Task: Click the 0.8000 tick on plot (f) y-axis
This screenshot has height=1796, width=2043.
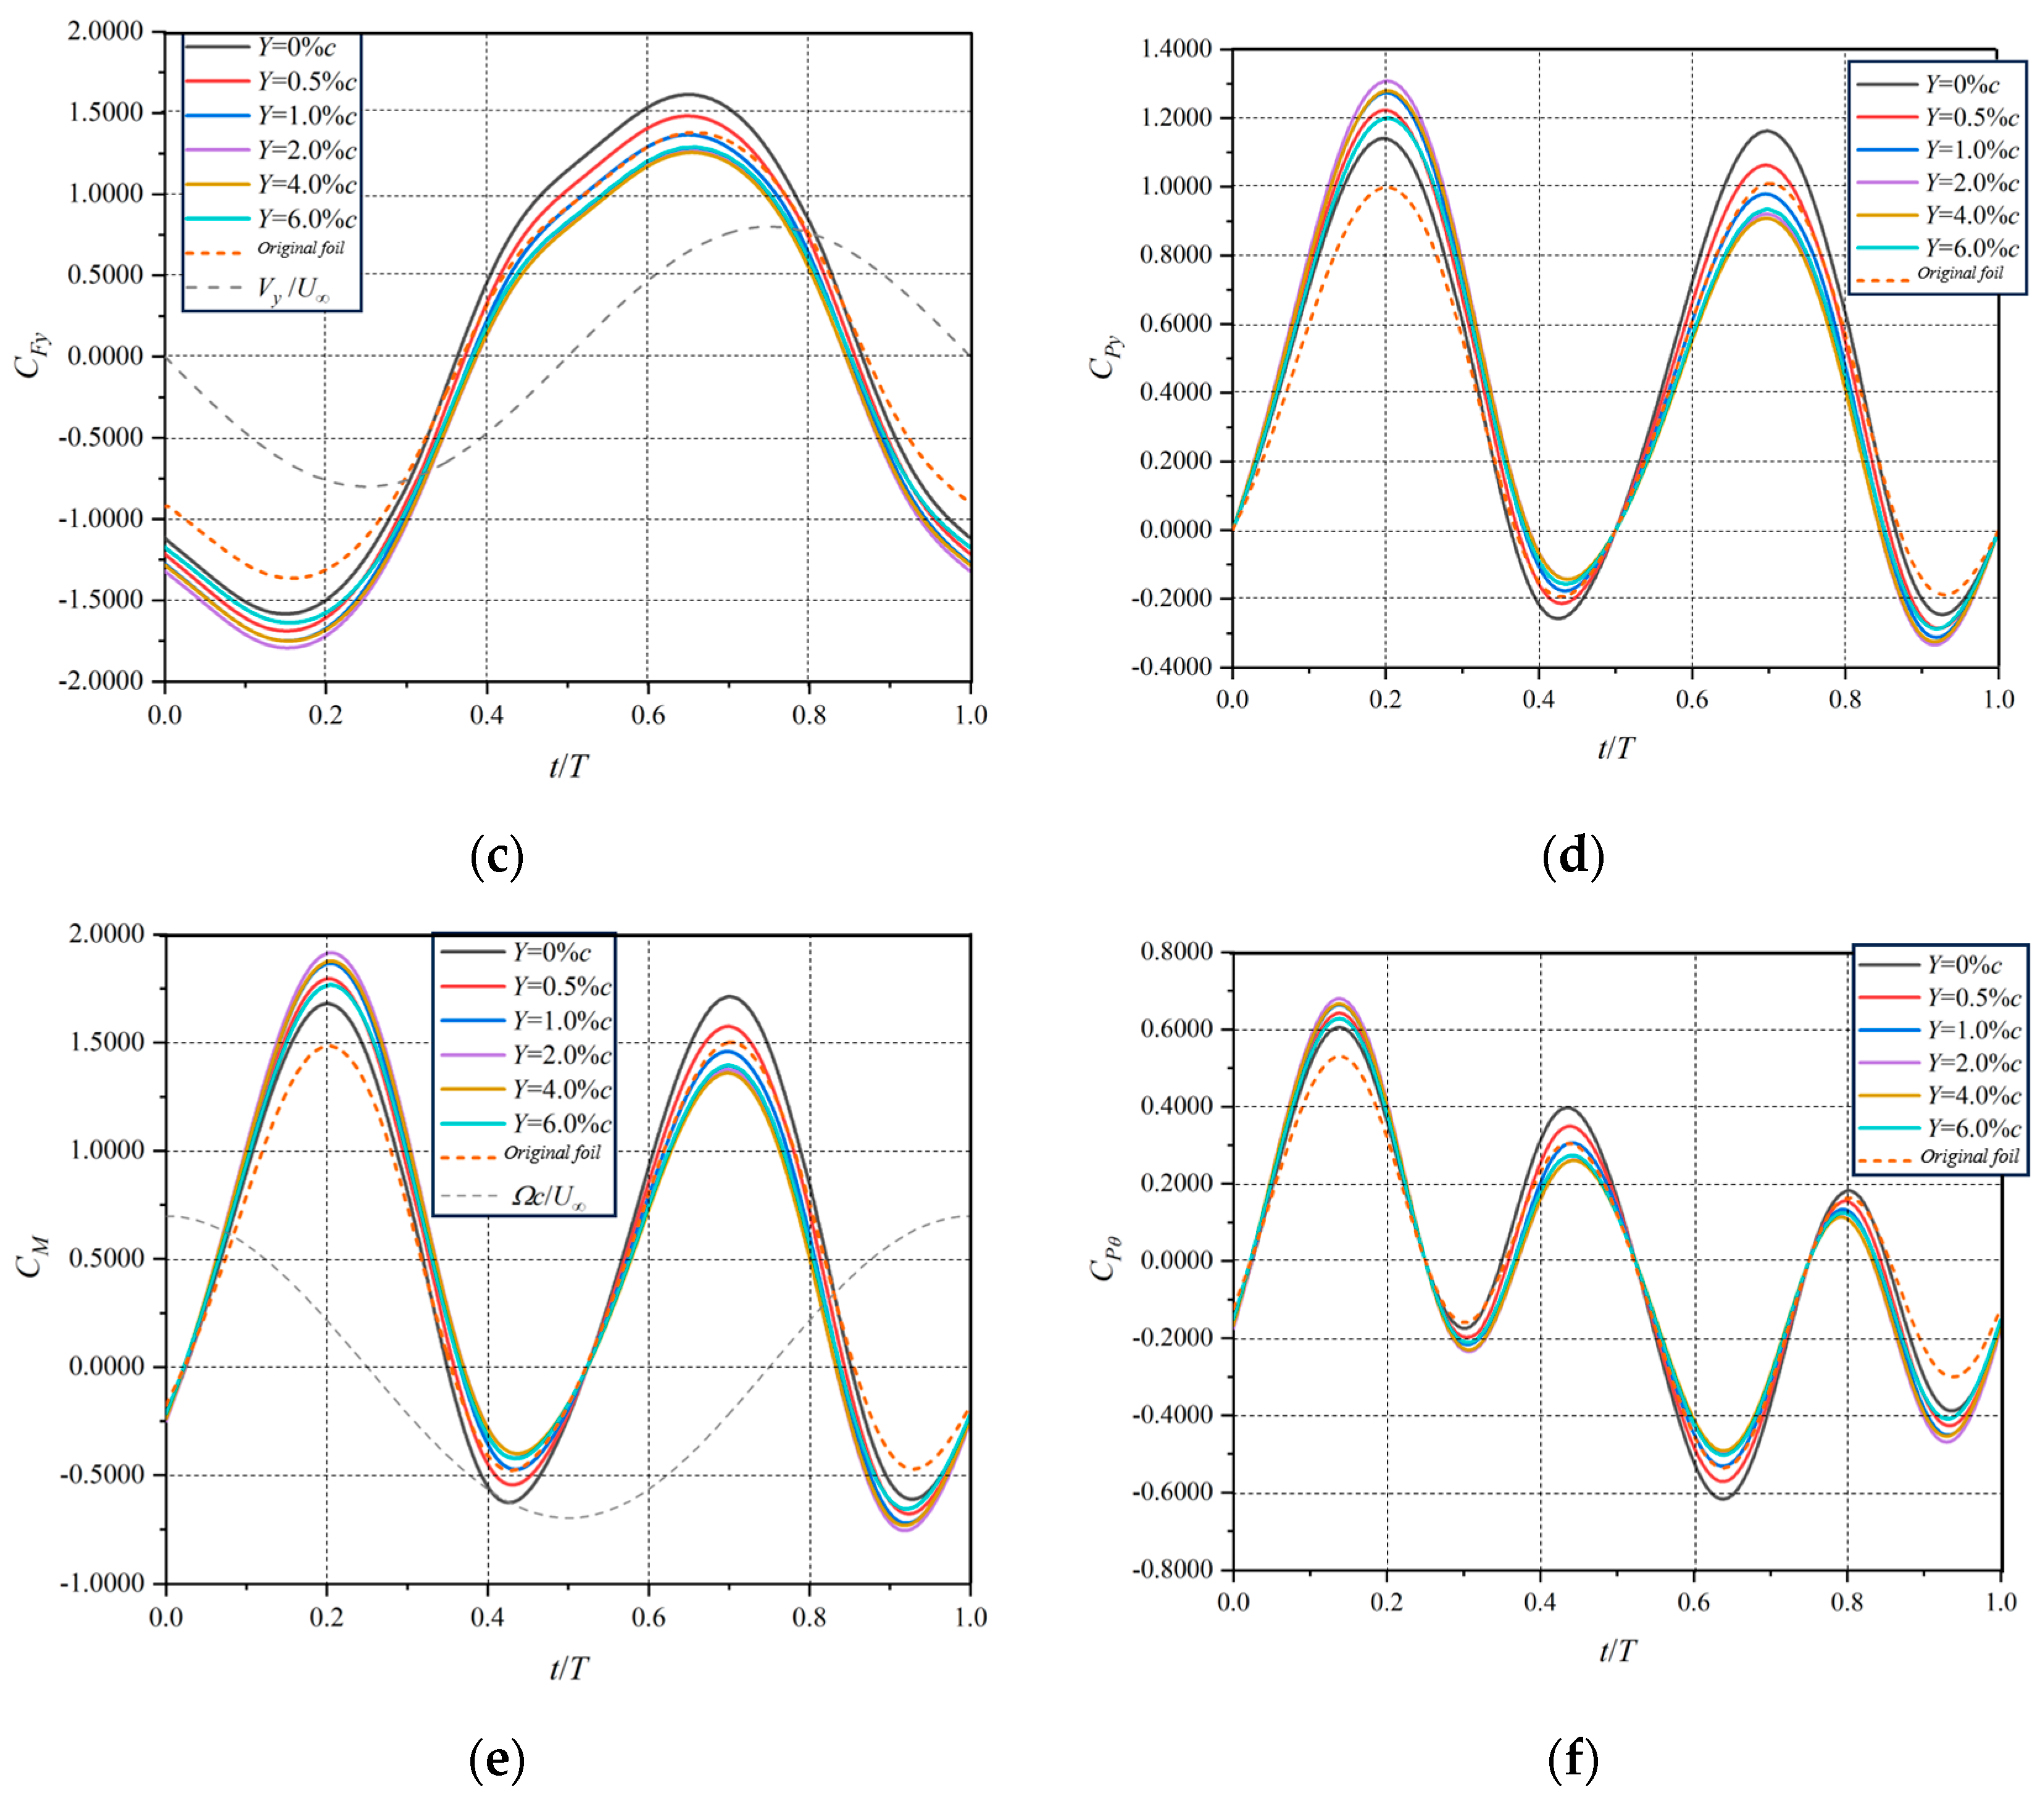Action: pos(1176,952)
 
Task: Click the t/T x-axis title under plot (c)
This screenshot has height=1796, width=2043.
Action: pos(568,767)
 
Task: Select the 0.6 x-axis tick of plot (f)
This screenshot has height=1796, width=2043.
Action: pos(1693,1602)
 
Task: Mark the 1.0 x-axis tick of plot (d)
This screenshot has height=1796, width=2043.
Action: pos(1997,700)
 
